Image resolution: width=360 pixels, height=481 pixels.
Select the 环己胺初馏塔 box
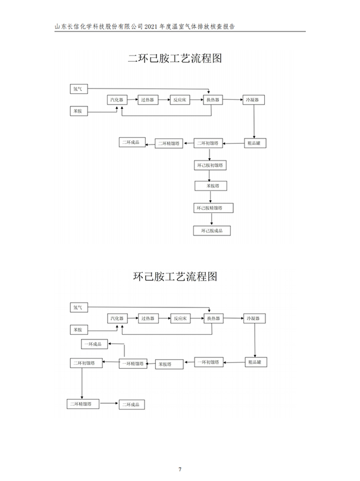coord(211,165)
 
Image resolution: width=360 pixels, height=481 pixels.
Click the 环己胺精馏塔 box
coord(213,208)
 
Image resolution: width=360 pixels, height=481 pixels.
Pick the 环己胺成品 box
coord(211,230)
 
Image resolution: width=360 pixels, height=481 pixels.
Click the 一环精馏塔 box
coord(133,363)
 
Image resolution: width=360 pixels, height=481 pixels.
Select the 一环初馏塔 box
coord(209,361)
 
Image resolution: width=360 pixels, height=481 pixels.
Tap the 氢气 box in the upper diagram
coord(79,89)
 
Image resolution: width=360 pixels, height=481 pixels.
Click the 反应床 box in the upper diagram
coord(181,100)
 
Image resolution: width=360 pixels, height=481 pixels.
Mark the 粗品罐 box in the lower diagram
coord(258,361)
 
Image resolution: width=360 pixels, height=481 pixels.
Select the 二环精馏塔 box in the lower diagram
coord(83,404)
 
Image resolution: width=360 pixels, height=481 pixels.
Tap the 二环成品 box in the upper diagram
coord(131,142)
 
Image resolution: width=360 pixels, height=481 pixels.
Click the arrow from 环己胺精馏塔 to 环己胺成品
coord(211,219)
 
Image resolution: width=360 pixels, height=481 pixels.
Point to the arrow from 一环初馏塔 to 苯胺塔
coord(184,362)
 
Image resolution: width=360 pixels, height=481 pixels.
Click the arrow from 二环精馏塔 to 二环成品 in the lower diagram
coord(109,404)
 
